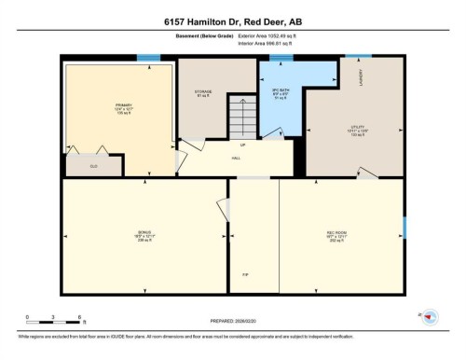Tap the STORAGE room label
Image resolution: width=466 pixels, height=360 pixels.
(x=203, y=91)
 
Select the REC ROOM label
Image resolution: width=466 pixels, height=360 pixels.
(x=337, y=231)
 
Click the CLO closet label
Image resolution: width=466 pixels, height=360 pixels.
(x=93, y=166)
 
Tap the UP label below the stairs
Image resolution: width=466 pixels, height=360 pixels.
(x=242, y=145)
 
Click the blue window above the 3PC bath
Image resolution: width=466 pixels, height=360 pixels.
(x=276, y=58)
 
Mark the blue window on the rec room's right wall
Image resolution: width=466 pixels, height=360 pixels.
(x=404, y=226)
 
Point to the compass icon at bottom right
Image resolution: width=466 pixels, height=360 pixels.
(x=430, y=317)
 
